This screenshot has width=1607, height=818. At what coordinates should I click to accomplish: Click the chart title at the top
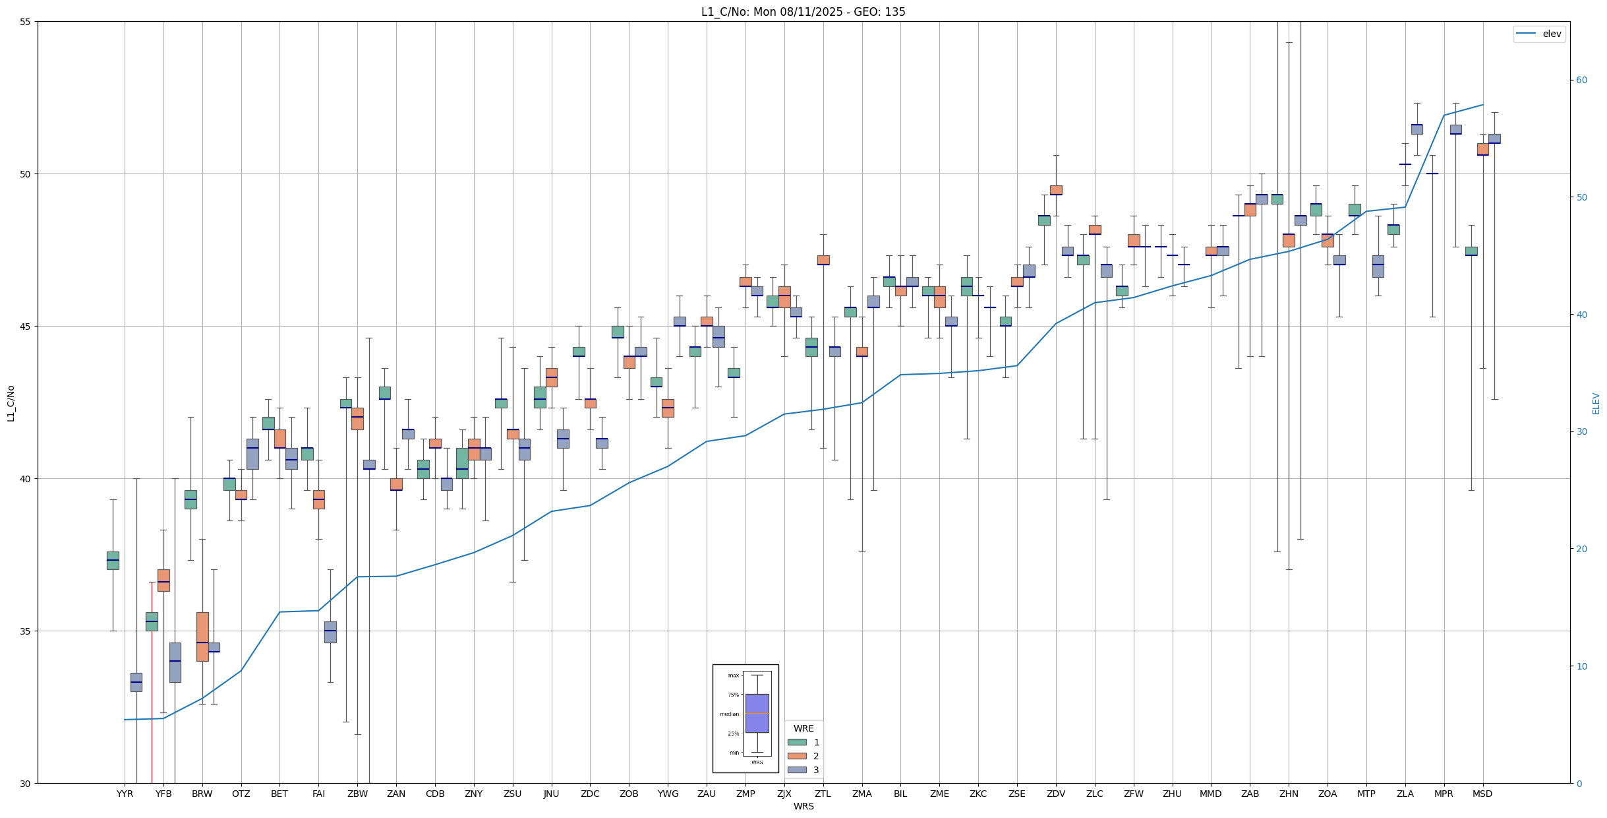803,12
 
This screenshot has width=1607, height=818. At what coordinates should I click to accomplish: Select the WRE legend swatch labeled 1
797,742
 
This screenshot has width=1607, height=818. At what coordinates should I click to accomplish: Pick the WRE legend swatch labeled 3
797,770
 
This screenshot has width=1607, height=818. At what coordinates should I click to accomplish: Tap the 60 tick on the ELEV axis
1581,80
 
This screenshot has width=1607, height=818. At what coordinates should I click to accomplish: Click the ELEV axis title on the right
1596,403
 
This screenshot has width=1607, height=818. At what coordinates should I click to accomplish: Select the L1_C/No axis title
11,403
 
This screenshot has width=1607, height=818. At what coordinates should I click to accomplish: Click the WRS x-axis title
803,806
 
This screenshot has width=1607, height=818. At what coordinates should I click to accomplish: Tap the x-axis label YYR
125,794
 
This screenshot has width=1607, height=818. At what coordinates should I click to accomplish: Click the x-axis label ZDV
1056,794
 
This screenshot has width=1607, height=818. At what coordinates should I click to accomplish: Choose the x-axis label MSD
1482,794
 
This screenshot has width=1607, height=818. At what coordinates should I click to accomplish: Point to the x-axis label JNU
551,794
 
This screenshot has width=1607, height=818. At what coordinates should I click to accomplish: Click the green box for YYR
113,561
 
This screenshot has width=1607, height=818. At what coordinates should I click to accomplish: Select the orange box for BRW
202,637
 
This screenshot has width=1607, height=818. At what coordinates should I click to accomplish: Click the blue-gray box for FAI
330,632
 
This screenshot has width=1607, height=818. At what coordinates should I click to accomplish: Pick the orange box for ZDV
1056,190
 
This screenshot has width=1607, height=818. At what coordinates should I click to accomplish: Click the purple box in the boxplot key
757,713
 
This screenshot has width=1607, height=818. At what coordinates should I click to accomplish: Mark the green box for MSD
1471,251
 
